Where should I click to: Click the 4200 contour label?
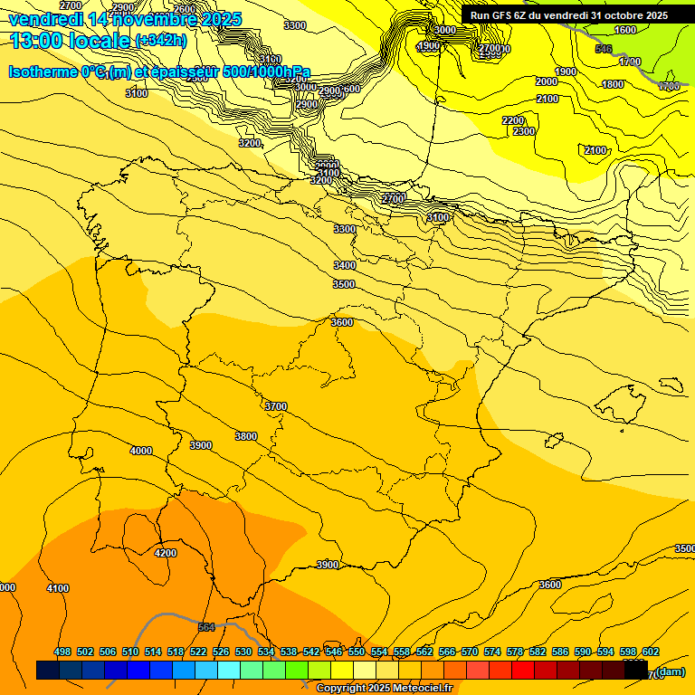166,552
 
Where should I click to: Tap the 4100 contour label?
57,588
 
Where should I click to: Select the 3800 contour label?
245,436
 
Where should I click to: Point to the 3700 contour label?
275,406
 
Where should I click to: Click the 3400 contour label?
344,265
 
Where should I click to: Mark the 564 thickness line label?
206,626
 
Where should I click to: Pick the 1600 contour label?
625,30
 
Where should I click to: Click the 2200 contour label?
512,120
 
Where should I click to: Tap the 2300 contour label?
523,131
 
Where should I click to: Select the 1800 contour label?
613,84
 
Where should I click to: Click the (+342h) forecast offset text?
160,41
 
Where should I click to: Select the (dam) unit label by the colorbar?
671,671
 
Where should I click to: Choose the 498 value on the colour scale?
62,652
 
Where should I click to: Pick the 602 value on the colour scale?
650,652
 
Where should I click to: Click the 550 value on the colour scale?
357,652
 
